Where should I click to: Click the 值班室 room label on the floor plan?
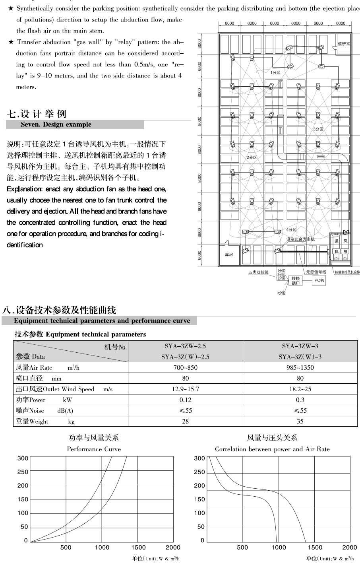(344, 43)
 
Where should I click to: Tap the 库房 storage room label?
(229, 254)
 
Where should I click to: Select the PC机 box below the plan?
(319, 281)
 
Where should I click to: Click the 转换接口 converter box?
(296, 281)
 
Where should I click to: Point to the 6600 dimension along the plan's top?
(318, 23)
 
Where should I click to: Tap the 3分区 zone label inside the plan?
(318, 129)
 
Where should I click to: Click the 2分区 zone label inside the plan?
(252, 157)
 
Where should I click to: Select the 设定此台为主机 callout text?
(300, 239)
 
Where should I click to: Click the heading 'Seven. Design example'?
(56, 124)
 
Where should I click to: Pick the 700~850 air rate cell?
(185, 367)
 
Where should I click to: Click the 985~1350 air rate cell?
(300, 367)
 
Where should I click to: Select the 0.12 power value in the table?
(185, 400)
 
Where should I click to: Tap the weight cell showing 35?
(300, 421)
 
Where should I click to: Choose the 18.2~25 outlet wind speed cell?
(300, 389)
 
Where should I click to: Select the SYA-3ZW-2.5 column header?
(185, 346)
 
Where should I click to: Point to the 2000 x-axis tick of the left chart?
(173, 548)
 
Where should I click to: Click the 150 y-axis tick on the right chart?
(199, 499)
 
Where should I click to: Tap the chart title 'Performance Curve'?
(94, 449)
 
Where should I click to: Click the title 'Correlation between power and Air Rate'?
(272, 449)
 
